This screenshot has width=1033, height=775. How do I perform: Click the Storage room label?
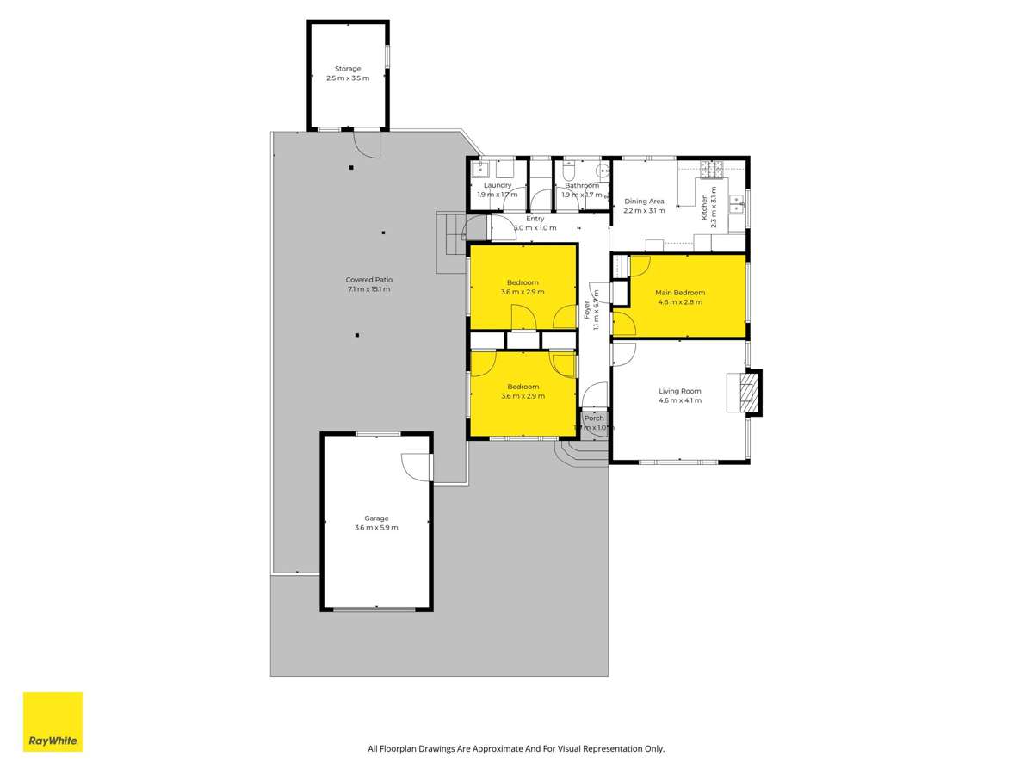pos(348,69)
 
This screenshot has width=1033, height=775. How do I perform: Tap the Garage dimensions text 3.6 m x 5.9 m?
pos(376,528)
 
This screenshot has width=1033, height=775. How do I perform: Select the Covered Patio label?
pos(368,280)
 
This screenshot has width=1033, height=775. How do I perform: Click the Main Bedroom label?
pos(680,293)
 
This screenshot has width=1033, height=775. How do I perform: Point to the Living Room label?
pos(680,391)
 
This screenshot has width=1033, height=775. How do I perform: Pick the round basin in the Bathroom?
pos(603,170)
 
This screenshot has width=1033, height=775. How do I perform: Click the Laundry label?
pos(498,185)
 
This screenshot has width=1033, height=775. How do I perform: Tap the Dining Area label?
pos(644,201)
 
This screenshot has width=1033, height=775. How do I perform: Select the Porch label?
pos(594,418)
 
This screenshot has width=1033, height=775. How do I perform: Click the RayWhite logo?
pos(53,722)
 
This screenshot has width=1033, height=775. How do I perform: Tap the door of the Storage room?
pos(366,144)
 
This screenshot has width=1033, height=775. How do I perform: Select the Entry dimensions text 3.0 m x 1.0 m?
pos(535,228)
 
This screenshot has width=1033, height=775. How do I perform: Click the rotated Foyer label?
pos(587,309)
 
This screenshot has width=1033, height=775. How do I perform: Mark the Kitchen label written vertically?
pos(703,208)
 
